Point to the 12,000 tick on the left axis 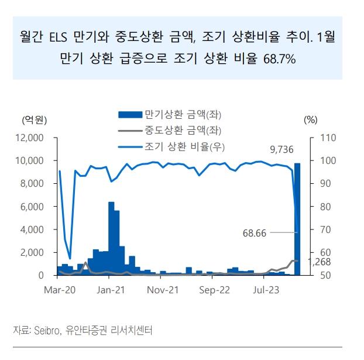click(31, 138)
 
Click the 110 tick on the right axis click(325, 138)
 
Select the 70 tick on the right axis click(324, 229)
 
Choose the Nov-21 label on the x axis click(163, 290)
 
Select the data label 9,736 click(281, 150)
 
